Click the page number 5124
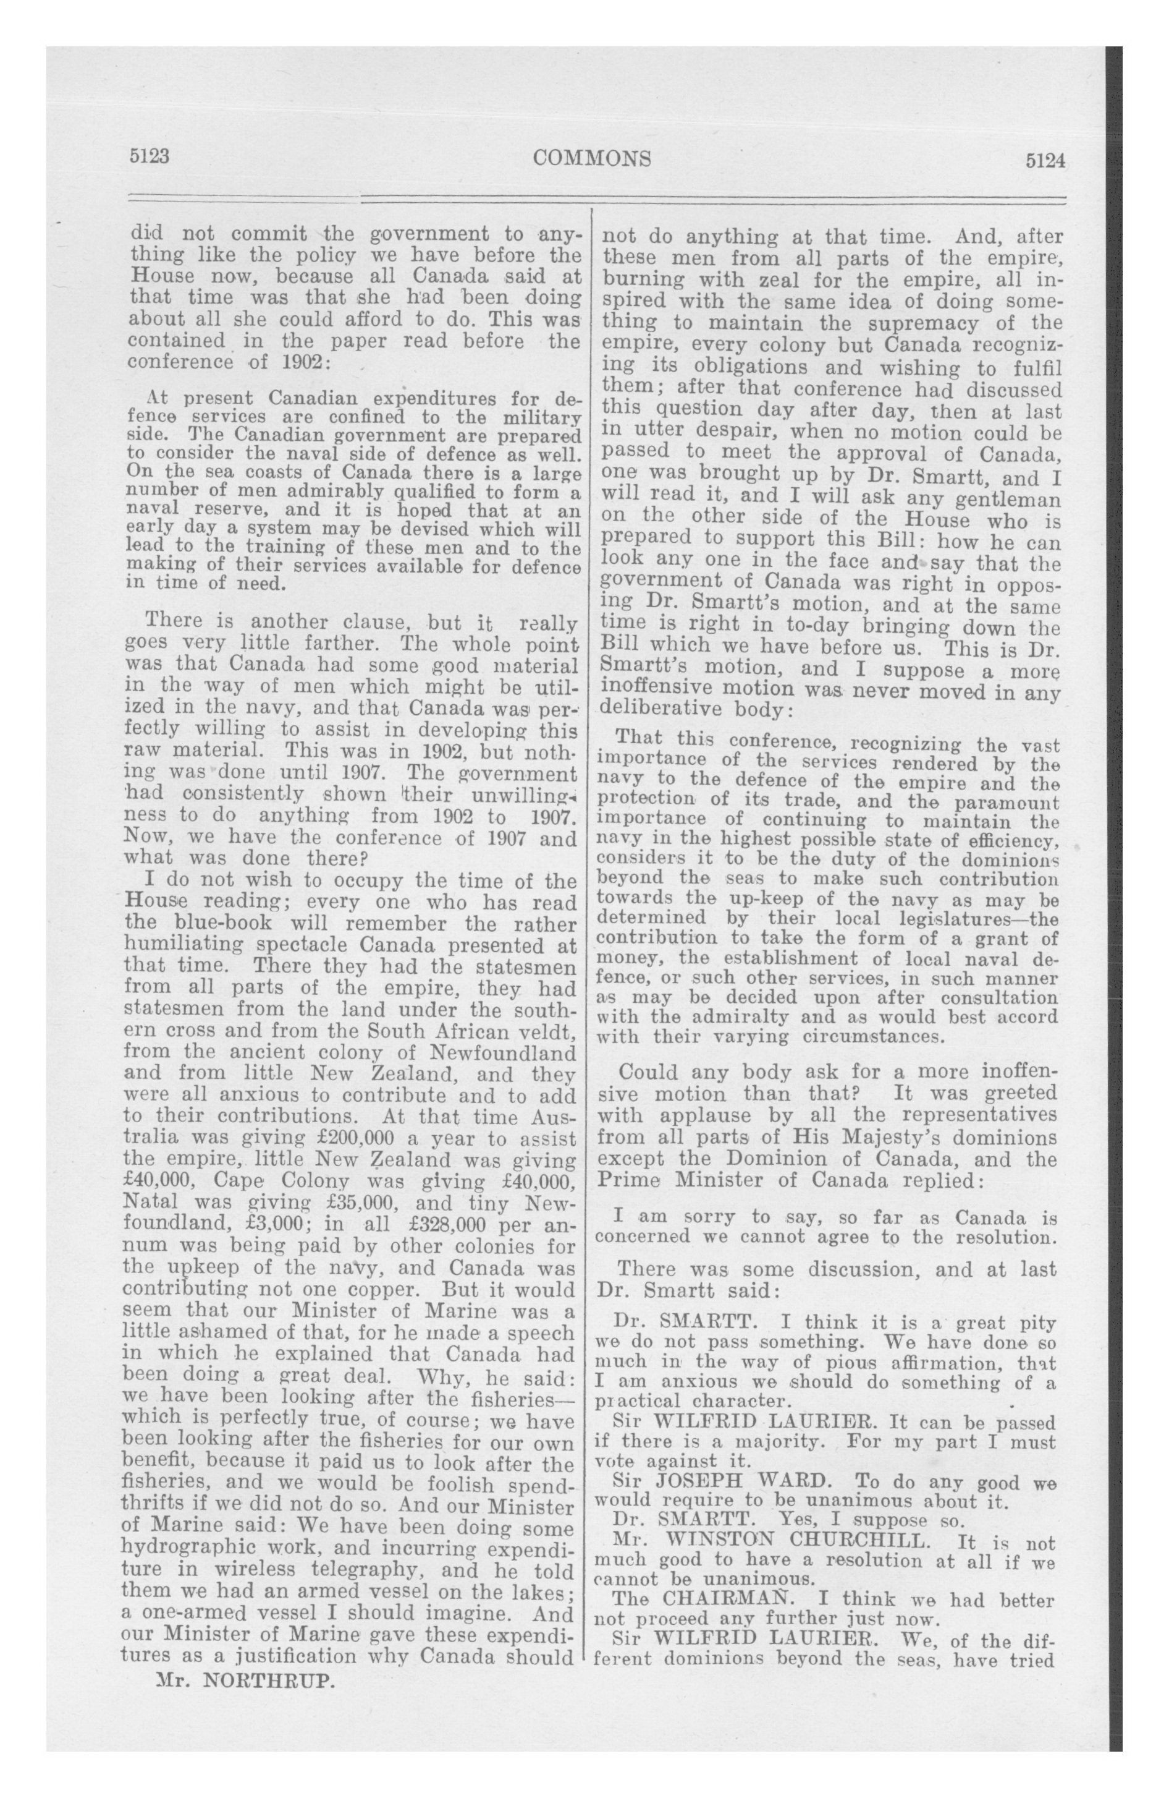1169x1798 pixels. (x=1044, y=161)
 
